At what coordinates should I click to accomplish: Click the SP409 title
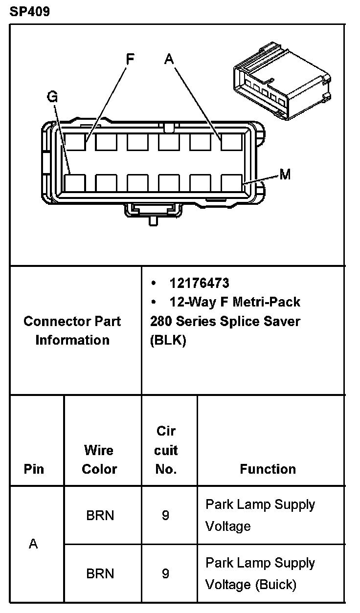pos(29,11)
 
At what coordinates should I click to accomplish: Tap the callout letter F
pos(130,60)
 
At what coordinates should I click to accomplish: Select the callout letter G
pos(52,97)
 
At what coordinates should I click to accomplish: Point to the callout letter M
pos(285,174)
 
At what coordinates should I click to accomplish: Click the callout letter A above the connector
pos(169,60)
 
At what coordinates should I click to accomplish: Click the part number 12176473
pos(199,283)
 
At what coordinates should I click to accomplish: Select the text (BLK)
pos(168,340)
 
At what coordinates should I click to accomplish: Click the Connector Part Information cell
pos(72,330)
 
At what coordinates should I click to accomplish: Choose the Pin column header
pos(34,469)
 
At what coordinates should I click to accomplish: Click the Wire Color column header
pos(99,460)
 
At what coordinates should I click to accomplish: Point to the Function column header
pos(268,469)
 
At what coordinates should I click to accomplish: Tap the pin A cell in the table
pos(33,544)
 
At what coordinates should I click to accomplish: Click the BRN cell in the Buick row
pos(100,573)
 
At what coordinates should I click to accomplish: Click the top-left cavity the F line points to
pos(75,142)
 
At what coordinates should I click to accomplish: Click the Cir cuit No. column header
pos(166,450)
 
